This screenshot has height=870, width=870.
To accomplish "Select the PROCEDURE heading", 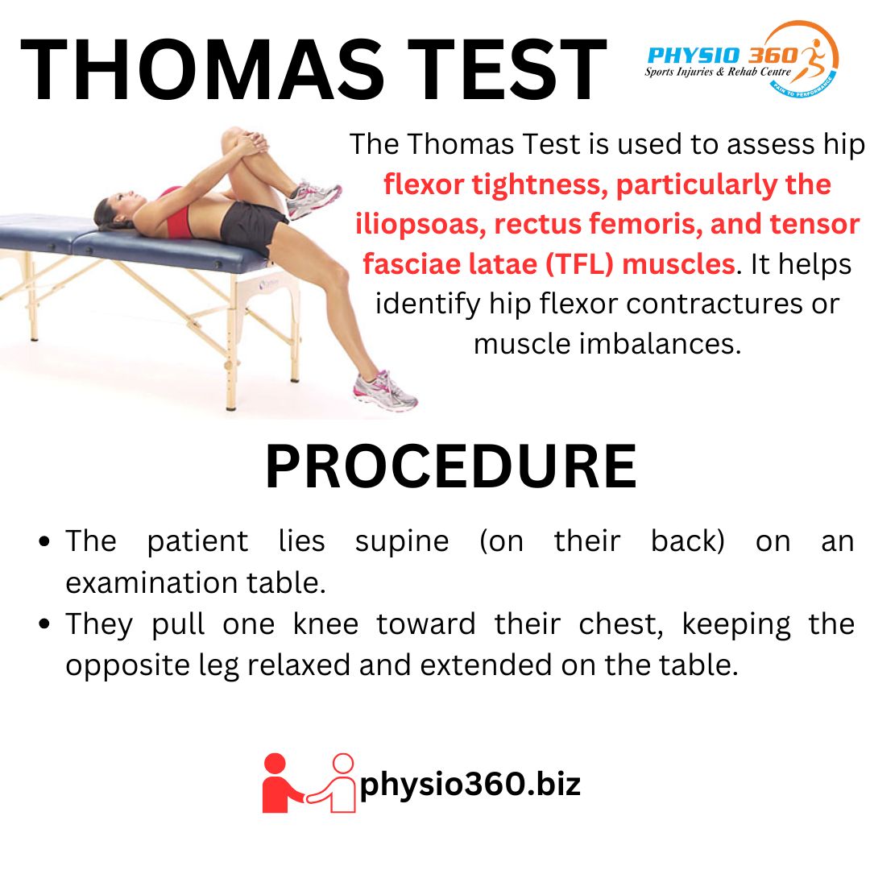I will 450,468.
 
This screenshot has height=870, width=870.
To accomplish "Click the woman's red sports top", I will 176,211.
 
